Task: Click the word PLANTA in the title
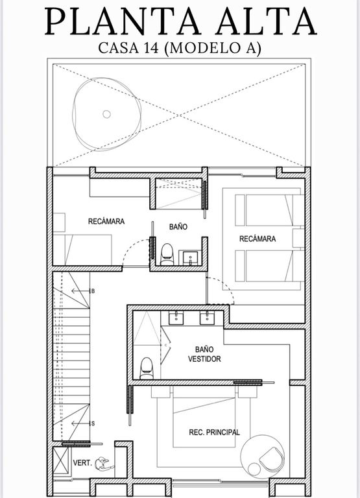(123, 21)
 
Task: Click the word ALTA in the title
(266, 21)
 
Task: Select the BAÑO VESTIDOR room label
(204, 354)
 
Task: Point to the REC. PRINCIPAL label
(214, 433)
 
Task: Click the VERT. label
(82, 463)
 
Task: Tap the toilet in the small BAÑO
(167, 254)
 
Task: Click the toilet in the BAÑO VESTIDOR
(147, 368)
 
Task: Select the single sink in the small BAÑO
(190, 257)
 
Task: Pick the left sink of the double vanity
(176, 318)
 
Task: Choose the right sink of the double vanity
(207, 318)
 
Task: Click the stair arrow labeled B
(80, 291)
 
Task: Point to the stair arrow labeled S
(80, 423)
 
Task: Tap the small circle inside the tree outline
(106, 114)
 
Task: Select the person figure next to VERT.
(103, 464)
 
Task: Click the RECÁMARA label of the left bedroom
(106, 221)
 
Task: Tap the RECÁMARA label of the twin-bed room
(258, 239)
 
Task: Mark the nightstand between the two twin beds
(298, 238)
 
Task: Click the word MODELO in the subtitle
(208, 48)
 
